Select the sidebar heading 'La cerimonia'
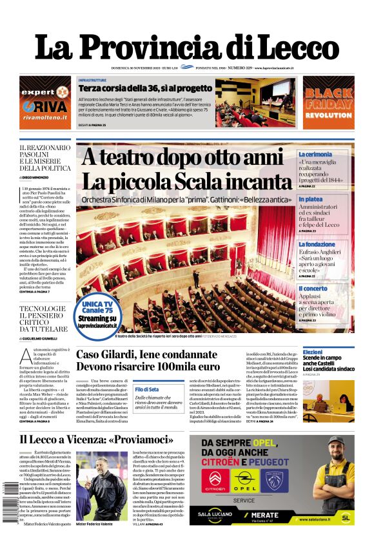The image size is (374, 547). (x=315, y=155)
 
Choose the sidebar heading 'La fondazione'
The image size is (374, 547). (x=317, y=245)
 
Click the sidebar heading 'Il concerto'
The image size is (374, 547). (x=313, y=289)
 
